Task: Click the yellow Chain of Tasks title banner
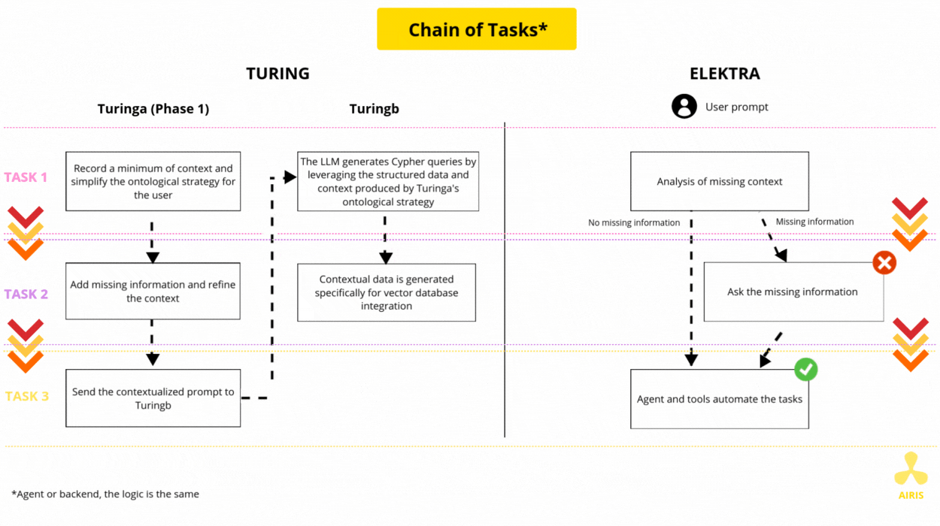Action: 477,29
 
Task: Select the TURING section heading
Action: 277,74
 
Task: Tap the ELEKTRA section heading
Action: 724,74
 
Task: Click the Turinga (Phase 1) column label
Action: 153,109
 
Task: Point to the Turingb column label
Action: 374,109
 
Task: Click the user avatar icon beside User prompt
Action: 684,107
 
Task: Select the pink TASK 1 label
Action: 26,177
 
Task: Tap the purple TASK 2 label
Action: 26,294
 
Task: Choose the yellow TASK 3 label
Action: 27,396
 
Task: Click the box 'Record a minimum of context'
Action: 153,181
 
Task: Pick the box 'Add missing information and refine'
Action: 153,292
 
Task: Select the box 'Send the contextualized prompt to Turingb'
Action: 153,398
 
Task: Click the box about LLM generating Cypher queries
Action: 388,181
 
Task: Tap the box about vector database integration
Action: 387,292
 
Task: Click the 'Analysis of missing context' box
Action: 720,181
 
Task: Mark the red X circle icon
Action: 884,263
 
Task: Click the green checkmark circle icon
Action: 806,369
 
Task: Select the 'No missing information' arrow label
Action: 634,222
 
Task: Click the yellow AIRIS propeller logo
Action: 911,469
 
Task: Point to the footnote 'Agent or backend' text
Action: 105,494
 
